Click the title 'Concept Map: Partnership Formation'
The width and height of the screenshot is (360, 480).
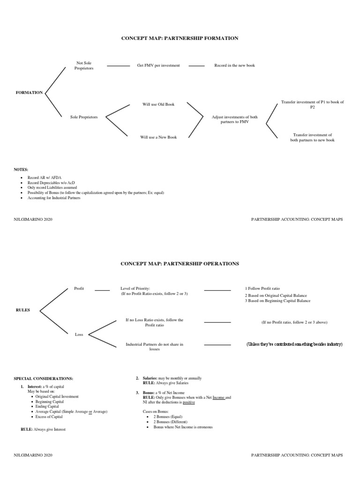[180, 38]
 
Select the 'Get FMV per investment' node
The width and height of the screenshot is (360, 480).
[158, 66]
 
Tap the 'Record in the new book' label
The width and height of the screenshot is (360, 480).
[234, 66]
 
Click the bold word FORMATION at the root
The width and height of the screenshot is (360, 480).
[29, 93]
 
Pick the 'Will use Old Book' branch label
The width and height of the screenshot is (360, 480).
[158, 104]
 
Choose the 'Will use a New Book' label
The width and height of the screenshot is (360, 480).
[158, 137]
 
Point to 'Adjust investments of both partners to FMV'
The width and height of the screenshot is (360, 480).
[234, 119]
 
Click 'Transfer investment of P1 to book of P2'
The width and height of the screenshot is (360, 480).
[312, 105]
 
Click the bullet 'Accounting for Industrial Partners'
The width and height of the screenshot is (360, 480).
[54, 198]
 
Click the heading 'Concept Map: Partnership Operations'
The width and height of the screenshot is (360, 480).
[180, 263]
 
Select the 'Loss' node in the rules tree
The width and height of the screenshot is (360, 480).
[79, 335]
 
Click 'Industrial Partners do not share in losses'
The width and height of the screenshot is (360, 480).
[154, 347]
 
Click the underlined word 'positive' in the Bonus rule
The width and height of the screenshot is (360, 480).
[189, 402]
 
